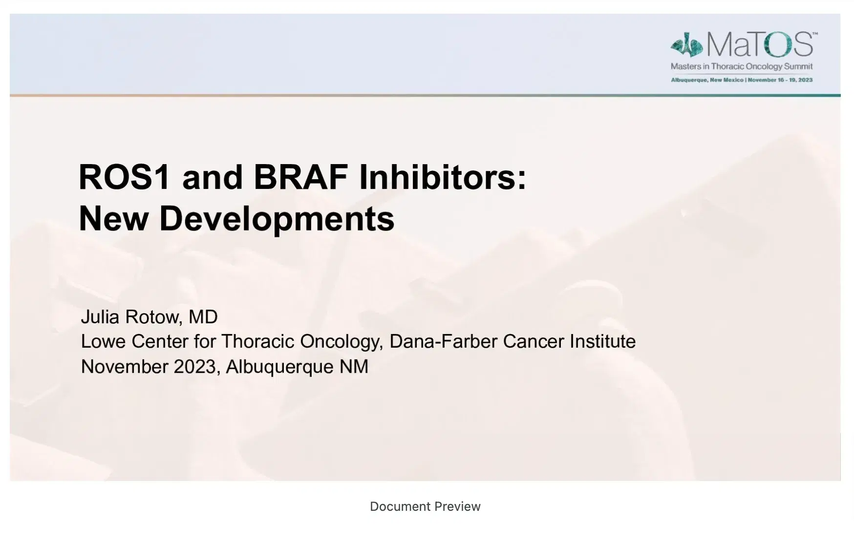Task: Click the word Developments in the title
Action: tap(277, 219)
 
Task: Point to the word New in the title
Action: tap(113, 219)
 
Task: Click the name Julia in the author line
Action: tap(100, 317)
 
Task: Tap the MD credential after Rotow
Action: tap(203, 317)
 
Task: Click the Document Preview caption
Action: tap(425, 506)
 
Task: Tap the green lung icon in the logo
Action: tap(686, 45)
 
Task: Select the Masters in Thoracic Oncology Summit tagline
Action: tap(742, 66)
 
